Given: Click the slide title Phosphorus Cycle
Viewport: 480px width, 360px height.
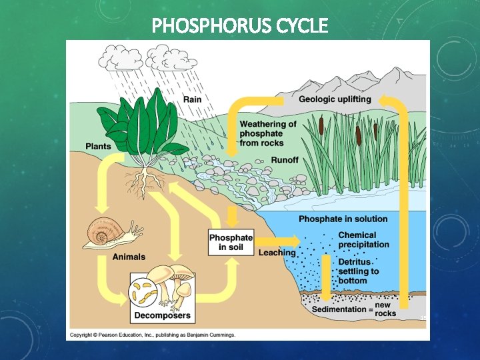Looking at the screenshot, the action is [240, 25].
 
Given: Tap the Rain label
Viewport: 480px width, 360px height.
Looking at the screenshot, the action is [192, 99].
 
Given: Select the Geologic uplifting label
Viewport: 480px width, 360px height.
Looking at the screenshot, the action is [335, 99].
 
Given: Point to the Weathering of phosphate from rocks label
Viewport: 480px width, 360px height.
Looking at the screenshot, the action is [268, 133].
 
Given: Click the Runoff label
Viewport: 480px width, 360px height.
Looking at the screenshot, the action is [285, 160].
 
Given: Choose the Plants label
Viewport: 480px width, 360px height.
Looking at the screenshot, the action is [98, 146].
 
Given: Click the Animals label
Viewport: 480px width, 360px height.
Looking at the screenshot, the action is [129, 257].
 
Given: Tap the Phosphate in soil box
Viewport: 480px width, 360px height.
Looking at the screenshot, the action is [231, 242].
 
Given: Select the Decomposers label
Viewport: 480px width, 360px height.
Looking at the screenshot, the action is [163, 315].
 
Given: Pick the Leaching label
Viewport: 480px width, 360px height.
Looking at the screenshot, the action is [277, 253].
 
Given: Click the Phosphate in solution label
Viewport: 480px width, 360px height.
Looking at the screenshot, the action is [343, 219].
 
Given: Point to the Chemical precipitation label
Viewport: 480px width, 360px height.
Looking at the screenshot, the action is [363, 239].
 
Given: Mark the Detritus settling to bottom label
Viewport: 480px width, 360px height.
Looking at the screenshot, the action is [358, 271].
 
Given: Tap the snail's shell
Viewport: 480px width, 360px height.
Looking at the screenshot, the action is [102, 235].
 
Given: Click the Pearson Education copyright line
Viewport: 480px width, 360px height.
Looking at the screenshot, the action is [153, 335].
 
